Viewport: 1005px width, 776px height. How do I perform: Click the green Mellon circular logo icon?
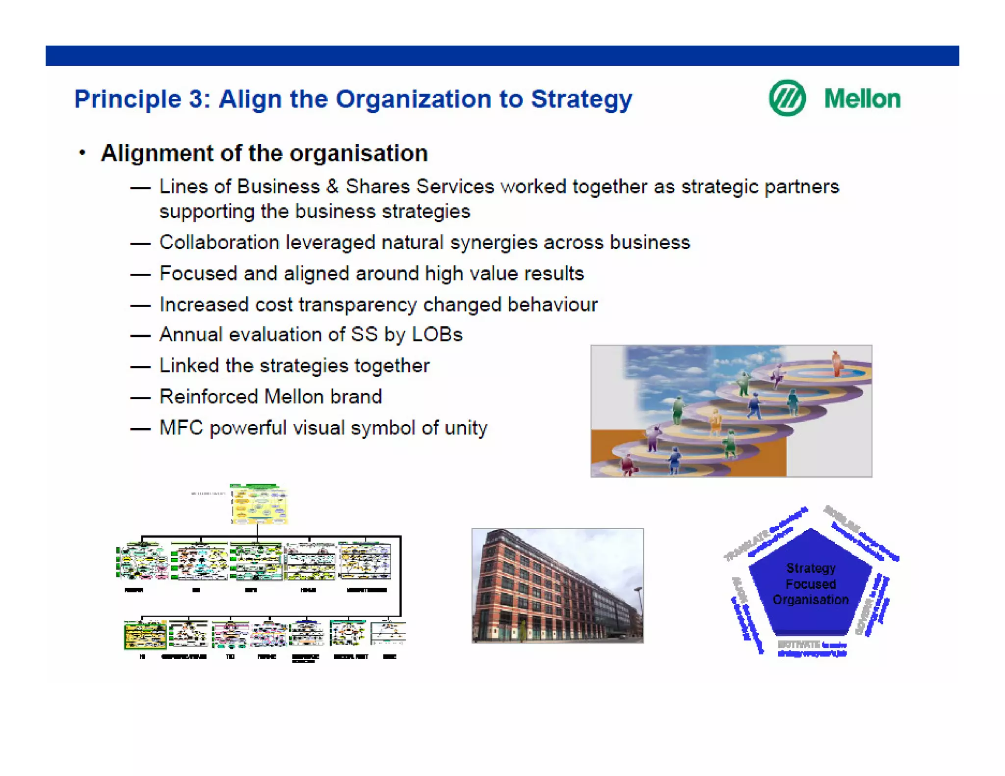point(787,98)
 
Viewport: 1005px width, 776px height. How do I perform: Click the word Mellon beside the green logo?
point(862,99)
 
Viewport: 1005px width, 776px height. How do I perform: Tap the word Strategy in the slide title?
point(582,100)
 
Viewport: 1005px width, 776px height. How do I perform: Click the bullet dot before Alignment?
point(82,153)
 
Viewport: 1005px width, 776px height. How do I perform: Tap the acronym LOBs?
point(437,335)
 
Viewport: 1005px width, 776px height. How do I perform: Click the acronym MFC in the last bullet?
point(181,428)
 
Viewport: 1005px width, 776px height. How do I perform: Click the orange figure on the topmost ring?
point(836,363)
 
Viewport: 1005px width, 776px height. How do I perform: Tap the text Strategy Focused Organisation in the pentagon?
point(810,584)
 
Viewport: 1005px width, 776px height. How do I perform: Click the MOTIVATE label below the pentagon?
point(798,644)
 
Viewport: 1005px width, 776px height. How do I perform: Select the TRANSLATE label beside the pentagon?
point(746,545)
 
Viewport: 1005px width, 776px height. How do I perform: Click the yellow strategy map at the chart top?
point(259,504)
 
